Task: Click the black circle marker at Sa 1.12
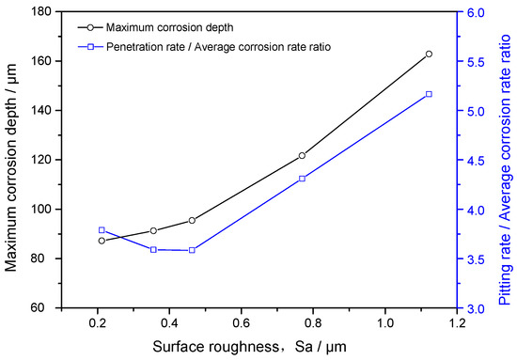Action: [429, 54]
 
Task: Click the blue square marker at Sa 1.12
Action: [429, 94]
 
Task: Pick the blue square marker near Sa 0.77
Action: [302, 179]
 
